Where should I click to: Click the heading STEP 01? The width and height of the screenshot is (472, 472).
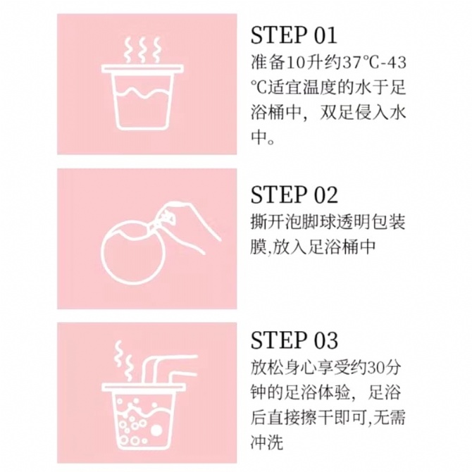pyautogui.click(x=294, y=35)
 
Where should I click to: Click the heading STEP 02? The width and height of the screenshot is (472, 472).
pyautogui.click(x=294, y=194)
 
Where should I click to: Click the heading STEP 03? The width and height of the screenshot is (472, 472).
pyautogui.click(x=294, y=340)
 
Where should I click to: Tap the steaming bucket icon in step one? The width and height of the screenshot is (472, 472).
pyautogui.click(x=142, y=85)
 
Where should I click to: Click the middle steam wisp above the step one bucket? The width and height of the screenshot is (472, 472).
pyautogui.click(x=142, y=50)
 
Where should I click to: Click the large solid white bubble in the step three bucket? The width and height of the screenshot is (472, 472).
pyautogui.click(x=156, y=430)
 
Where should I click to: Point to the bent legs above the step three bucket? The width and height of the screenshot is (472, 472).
pyautogui.click(x=168, y=370)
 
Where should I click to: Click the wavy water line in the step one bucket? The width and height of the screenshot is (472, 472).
pyautogui.click(x=142, y=92)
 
